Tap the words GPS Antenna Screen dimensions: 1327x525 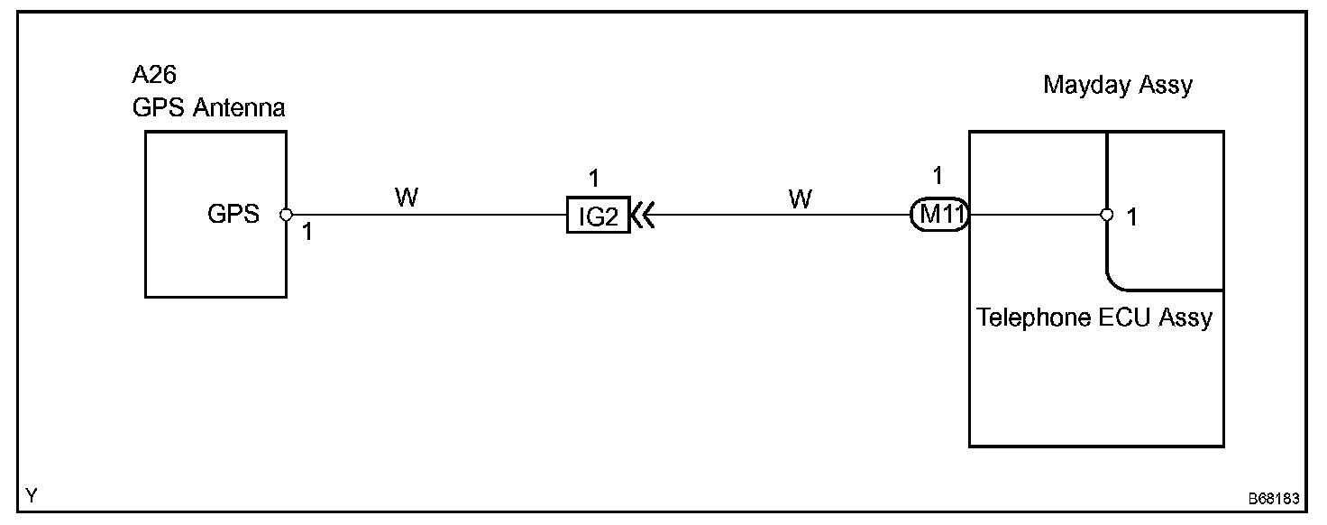click(x=208, y=108)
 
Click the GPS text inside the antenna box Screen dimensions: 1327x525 click(x=233, y=215)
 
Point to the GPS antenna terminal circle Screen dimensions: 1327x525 click(x=286, y=215)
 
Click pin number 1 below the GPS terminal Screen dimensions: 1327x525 click(x=307, y=233)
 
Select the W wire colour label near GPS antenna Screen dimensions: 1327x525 click(x=407, y=198)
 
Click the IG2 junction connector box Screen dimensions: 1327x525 click(x=597, y=216)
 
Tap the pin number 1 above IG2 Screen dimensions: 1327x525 click(x=593, y=177)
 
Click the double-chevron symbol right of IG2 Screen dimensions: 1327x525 click(x=642, y=216)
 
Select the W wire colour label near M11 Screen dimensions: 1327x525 click(x=800, y=199)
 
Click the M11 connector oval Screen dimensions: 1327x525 click(x=938, y=216)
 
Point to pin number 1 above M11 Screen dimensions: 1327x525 click(x=938, y=176)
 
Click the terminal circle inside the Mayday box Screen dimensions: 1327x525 click(x=1106, y=216)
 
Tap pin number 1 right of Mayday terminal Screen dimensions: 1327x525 click(x=1132, y=217)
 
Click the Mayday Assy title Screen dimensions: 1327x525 click(x=1117, y=86)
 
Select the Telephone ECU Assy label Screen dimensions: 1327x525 click(x=1094, y=318)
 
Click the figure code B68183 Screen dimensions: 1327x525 click(x=1273, y=499)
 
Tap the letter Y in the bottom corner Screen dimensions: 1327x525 click(x=32, y=495)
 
